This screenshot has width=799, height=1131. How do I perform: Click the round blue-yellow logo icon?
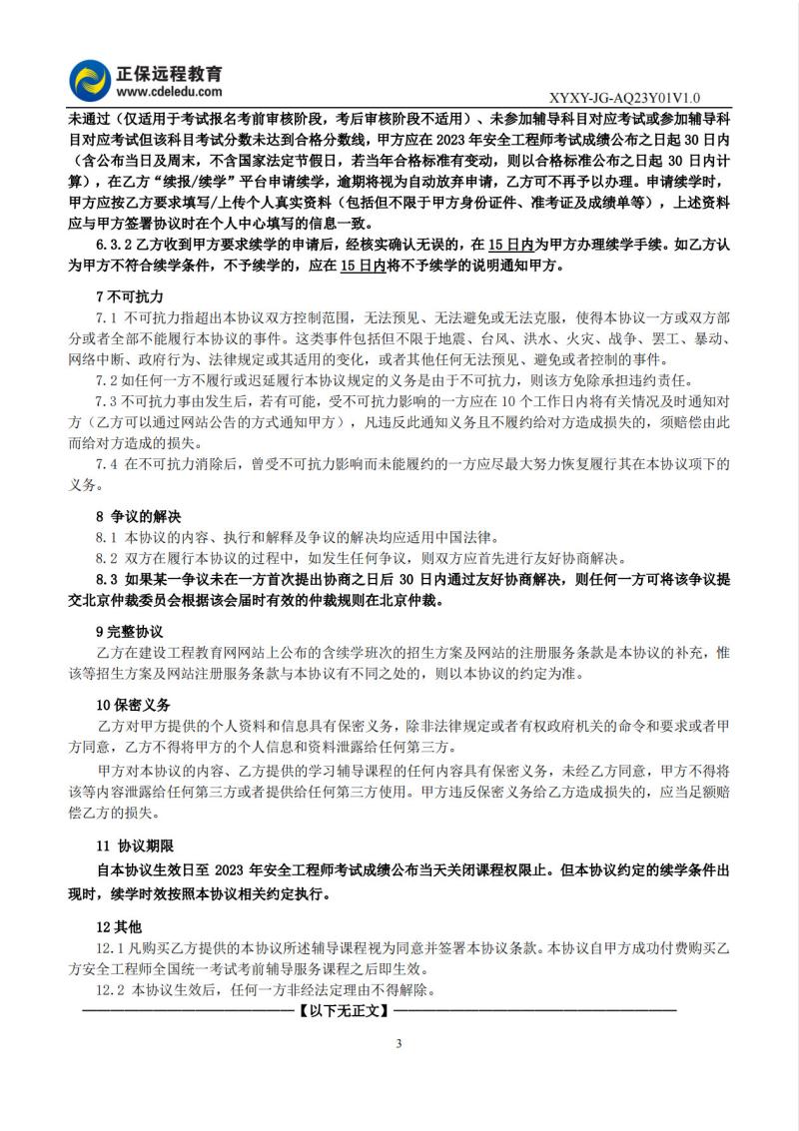pyautogui.click(x=89, y=79)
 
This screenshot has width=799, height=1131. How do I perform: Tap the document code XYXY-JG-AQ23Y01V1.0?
pyautogui.click(x=625, y=98)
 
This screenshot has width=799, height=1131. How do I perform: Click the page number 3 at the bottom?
pyautogui.click(x=399, y=1044)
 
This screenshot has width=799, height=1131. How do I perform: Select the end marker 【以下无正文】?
pyautogui.click(x=342, y=1010)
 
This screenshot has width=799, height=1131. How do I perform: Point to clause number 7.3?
pyautogui.click(x=107, y=400)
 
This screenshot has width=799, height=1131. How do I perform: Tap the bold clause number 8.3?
pyautogui.click(x=107, y=580)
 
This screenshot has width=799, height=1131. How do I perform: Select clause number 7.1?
pyautogui.click(x=107, y=316)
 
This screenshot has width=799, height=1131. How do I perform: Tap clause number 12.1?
pyautogui.click(x=109, y=947)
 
